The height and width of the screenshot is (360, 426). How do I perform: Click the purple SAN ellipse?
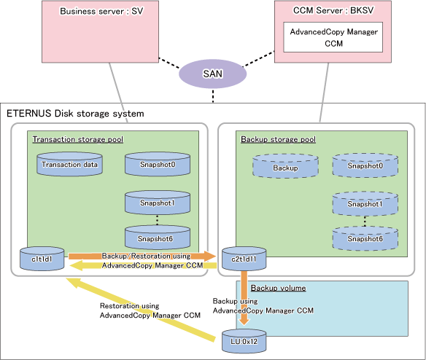(212, 74)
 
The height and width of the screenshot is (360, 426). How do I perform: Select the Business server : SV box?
(100, 32)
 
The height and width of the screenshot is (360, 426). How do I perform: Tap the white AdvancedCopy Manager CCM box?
(333, 37)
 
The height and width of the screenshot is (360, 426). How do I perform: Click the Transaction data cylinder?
(69, 164)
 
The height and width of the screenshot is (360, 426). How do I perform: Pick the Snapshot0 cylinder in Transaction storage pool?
(158, 164)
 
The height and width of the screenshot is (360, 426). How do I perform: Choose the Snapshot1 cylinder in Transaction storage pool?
(158, 203)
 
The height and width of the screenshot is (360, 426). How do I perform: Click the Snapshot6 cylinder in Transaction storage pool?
(158, 238)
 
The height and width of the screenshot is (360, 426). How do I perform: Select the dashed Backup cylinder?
(285, 166)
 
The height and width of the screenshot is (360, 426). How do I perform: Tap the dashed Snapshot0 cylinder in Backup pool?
(365, 165)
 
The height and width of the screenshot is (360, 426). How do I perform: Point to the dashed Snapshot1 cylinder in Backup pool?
(365, 204)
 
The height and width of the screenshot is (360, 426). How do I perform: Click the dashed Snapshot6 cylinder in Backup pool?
(365, 238)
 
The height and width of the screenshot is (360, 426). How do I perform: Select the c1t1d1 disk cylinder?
(42, 259)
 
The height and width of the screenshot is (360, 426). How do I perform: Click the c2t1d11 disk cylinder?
(244, 259)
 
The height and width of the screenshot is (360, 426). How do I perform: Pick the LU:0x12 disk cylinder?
(244, 341)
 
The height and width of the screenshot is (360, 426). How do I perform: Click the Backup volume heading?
(278, 288)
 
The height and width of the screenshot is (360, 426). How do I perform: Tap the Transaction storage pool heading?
(78, 139)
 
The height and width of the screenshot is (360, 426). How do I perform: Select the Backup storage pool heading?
(278, 139)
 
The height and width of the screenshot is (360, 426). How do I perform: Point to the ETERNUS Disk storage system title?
(75, 114)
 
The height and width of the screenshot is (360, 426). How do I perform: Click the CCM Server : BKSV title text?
(333, 11)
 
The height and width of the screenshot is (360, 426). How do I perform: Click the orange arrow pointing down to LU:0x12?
(244, 298)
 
